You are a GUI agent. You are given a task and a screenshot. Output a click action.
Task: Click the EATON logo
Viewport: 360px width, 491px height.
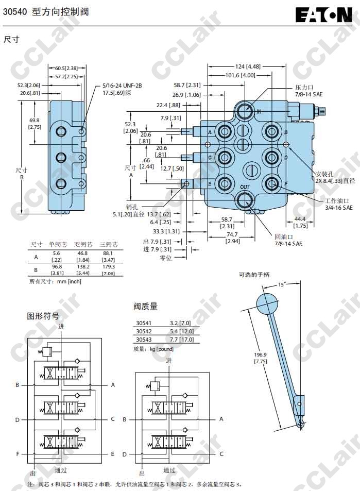323,14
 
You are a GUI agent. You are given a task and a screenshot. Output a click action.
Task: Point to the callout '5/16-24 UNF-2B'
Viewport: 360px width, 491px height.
122,86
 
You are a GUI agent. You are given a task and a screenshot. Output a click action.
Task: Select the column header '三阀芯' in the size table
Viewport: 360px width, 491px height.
109,244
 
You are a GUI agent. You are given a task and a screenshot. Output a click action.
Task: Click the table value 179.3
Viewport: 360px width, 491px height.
109,267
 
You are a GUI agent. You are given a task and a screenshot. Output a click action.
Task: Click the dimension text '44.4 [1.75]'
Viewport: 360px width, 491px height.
300,222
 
